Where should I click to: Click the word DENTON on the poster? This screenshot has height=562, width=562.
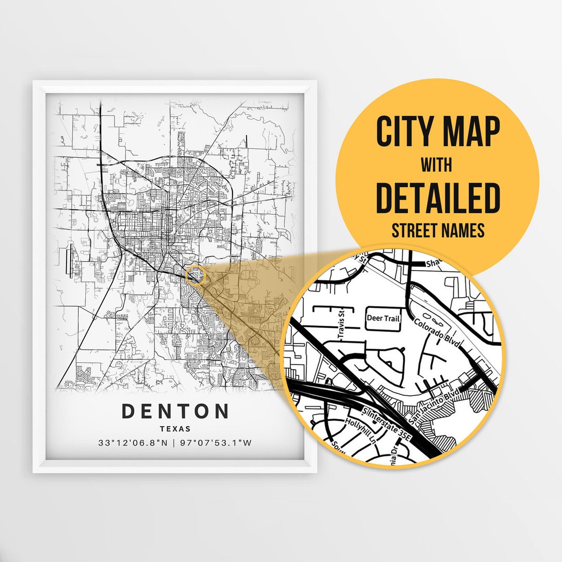tap(175, 411)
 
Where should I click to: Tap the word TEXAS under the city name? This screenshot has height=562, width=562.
tap(175, 429)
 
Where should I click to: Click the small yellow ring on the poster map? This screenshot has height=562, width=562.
tap(196, 274)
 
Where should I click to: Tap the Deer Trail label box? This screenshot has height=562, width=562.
tap(384, 318)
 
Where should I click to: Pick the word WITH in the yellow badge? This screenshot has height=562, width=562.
tap(437, 165)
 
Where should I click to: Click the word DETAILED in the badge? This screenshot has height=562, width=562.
tap(437, 198)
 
